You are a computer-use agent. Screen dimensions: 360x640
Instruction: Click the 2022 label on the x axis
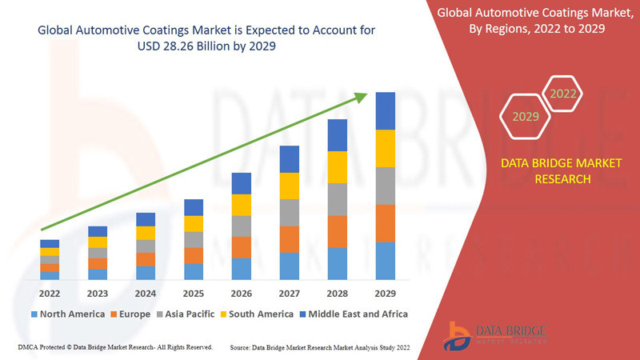(x=50, y=293)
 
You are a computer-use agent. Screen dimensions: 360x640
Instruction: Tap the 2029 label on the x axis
(x=386, y=293)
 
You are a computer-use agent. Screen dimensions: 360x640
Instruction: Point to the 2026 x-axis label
(x=242, y=293)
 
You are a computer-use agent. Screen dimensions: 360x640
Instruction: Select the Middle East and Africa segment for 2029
(x=386, y=110)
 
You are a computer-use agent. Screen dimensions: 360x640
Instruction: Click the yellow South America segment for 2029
(x=386, y=148)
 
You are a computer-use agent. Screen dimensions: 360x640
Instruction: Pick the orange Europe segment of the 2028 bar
(x=338, y=231)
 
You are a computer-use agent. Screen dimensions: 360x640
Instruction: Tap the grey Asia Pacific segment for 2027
(x=290, y=213)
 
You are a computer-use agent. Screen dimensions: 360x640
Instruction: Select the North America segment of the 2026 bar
(x=242, y=269)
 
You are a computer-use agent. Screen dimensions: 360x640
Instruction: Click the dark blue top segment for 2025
(x=194, y=207)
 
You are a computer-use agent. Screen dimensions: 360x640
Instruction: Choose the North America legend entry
(x=68, y=314)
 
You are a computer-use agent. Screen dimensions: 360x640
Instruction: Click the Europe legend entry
(x=130, y=314)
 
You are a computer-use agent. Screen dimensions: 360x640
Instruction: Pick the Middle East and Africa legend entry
(x=352, y=314)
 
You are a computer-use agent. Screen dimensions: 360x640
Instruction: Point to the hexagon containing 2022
(x=562, y=94)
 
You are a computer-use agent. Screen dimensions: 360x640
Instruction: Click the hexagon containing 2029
(x=525, y=117)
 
